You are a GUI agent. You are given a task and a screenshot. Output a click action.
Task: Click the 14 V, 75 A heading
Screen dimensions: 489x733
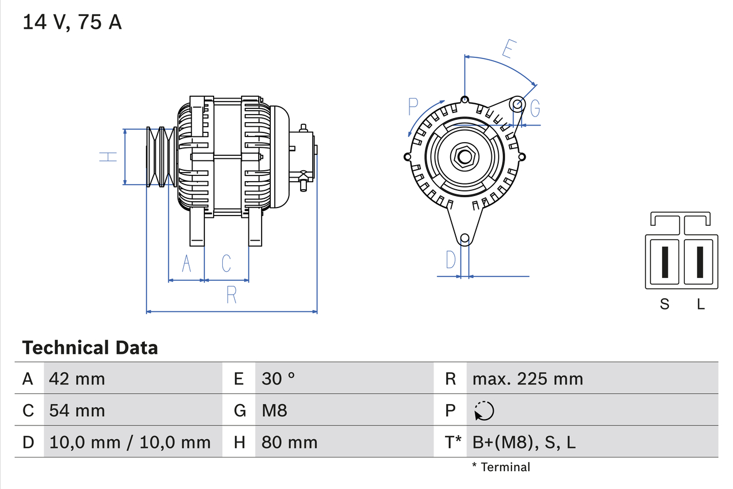coord(72,22)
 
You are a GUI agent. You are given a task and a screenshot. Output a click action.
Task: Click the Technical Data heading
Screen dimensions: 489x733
coord(90,347)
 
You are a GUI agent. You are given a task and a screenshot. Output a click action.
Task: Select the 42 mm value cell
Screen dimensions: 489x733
coord(77,378)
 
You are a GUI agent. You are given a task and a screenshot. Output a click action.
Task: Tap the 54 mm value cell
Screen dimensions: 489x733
coord(77,410)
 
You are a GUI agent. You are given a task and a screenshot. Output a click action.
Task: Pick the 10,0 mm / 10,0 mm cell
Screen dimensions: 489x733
coord(130,442)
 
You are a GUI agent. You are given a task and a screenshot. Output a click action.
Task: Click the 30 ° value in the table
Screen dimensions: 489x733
coord(278,378)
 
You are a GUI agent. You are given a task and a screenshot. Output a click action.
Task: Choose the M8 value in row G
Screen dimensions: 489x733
coord(274,410)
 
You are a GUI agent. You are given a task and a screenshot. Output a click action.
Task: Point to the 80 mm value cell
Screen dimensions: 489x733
coord(289,442)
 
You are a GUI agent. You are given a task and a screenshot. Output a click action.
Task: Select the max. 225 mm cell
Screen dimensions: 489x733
coord(527,378)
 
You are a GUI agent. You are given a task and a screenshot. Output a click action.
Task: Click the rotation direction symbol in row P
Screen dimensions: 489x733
coord(484,410)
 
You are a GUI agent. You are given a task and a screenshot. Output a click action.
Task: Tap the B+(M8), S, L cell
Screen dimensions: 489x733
coord(524,442)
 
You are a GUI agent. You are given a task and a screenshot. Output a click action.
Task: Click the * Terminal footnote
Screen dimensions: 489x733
coord(501,467)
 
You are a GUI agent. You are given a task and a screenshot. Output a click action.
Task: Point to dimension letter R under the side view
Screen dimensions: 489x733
coord(231,295)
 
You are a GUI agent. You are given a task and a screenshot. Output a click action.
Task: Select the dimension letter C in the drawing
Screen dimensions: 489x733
coord(227,263)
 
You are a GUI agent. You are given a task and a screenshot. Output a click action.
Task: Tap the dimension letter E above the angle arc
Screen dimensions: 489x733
coord(507,50)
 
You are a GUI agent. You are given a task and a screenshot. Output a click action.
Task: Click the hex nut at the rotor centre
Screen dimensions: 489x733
coord(464,157)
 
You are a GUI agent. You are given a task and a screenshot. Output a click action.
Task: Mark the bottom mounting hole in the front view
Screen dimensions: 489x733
coord(465,238)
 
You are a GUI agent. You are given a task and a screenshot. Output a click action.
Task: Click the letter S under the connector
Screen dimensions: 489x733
coord(664,304)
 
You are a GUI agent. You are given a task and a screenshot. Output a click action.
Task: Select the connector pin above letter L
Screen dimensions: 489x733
coord(700,261)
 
